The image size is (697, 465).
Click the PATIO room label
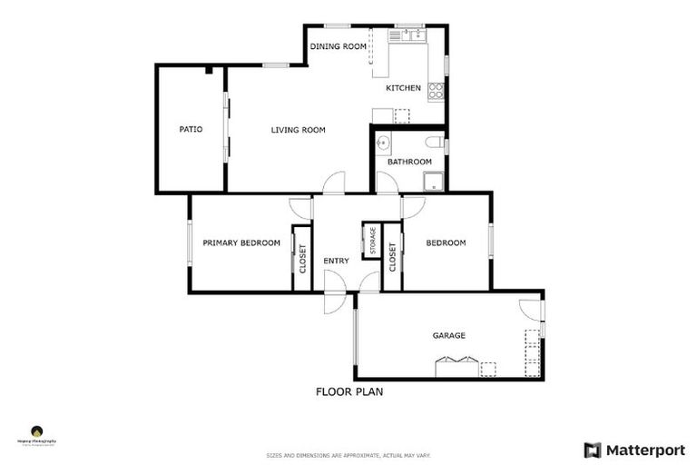click(191, 130)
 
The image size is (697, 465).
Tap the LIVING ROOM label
click(298, 130)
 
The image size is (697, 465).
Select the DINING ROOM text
click(338, 46)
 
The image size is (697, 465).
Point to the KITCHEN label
click(403, 88)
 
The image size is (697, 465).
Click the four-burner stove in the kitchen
click(437, 90)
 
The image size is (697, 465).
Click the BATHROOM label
click(410, 162)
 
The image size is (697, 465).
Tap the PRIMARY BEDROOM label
click(241, 242)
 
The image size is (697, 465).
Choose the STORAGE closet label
click(372, 241)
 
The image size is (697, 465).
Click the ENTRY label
click(336, 262)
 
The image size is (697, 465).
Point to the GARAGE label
click(448, 335)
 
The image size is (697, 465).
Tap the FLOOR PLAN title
click(349, 392)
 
